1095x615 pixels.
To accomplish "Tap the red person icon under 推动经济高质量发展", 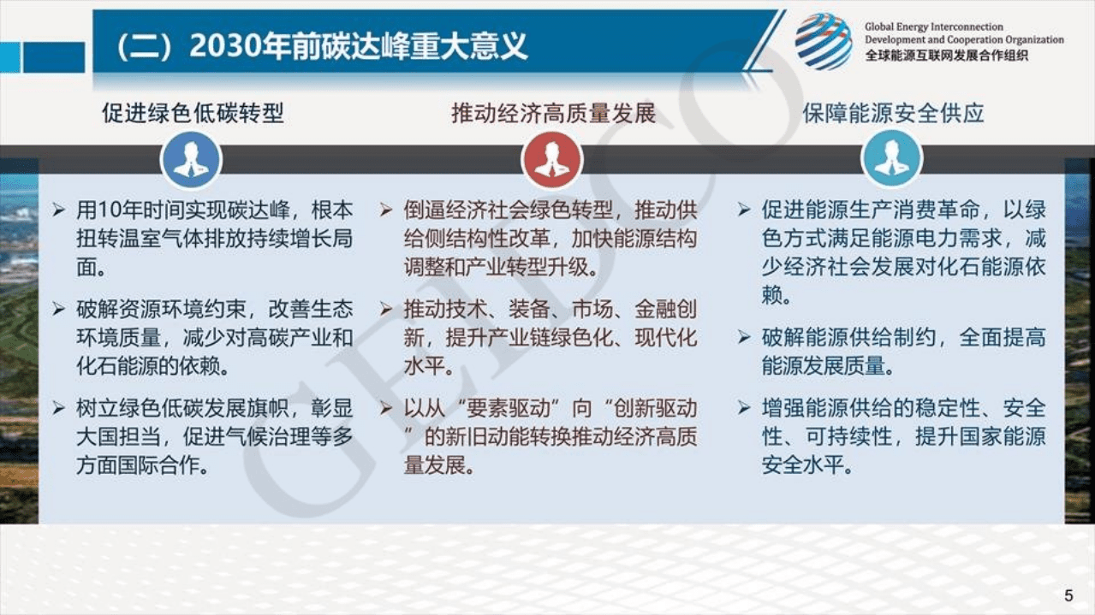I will pyautogui.click(x=552, y=160).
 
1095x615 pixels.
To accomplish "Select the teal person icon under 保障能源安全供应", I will pyautogui.click(x=891, y=160).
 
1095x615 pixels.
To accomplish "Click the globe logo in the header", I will pyautogui.click(x=823, y=41).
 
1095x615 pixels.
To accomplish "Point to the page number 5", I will pyautogui.click(x=1068, y=595).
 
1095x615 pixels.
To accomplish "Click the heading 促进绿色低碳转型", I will pyautogui.click(x=193, y=113).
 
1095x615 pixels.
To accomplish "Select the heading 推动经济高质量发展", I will pyautogui.click(x=553, y=113).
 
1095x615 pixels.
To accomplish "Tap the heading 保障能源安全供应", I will pyautogui.click(x=893, y=113).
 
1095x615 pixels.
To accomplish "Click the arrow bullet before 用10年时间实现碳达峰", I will pyautogui.click(x=59, y=210).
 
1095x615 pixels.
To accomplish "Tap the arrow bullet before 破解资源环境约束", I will pyautogui.click(x=59, y=309).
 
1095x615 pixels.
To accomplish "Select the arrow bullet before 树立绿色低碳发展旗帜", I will pyautogui.click(x=59, y=408).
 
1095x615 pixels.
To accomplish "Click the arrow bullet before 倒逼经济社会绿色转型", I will pyautogui.click(x=386, y=210).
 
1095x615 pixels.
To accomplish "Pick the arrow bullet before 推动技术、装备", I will pyautogui.click(x=386, y=309).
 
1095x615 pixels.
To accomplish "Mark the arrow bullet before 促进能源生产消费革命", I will pyautogui.click(x=744, y=210).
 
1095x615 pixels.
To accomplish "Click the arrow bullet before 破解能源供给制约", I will pyautogui.click(x=744, y=336).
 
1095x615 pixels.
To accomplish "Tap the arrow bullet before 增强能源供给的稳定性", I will pyautogui.click(x=744, y=408).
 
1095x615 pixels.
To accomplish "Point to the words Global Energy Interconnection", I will pyautogui.click(x=933, y=27).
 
